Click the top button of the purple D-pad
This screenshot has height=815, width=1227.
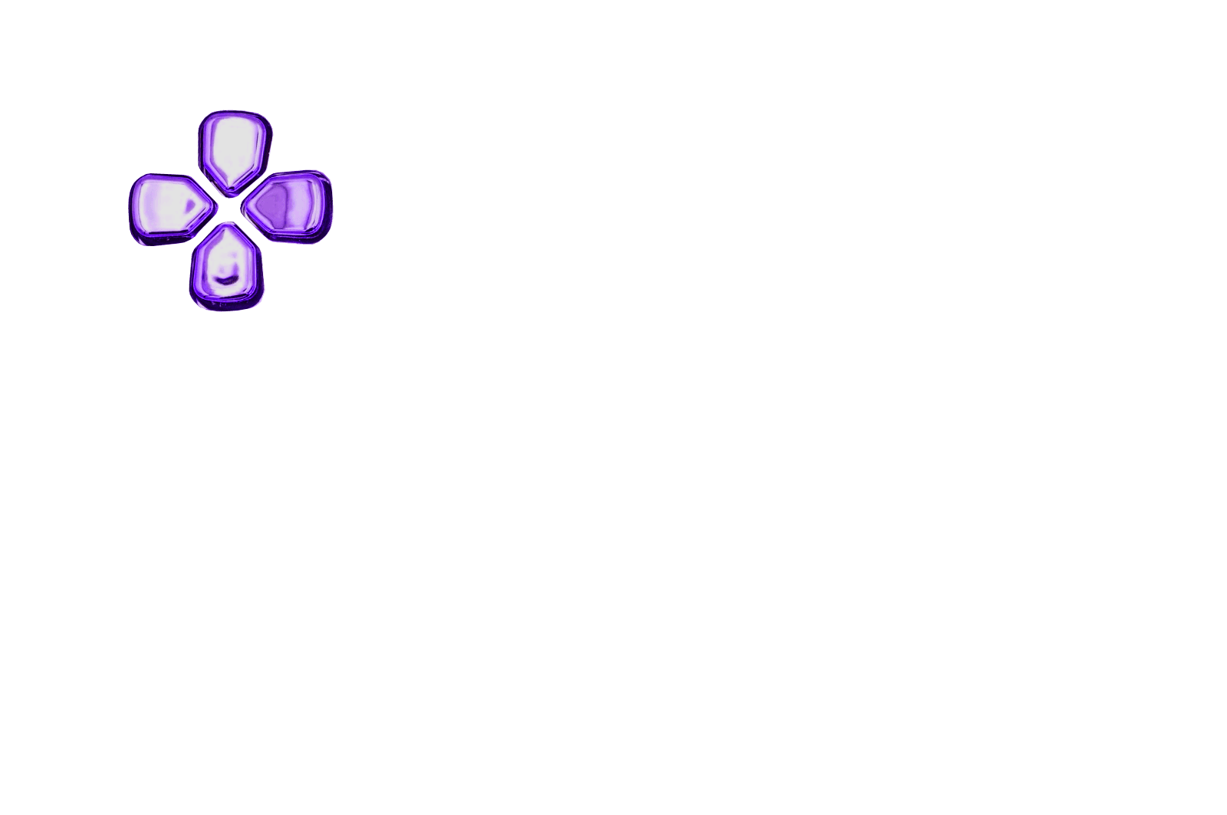click(x=235, y=150)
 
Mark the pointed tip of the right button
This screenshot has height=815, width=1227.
click(x=247, y=205)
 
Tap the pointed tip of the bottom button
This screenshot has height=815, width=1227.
click(x=225, y=226)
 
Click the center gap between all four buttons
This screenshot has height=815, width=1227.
click(x=229, y=207)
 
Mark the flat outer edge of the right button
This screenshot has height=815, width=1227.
click(x=330, y=205)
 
